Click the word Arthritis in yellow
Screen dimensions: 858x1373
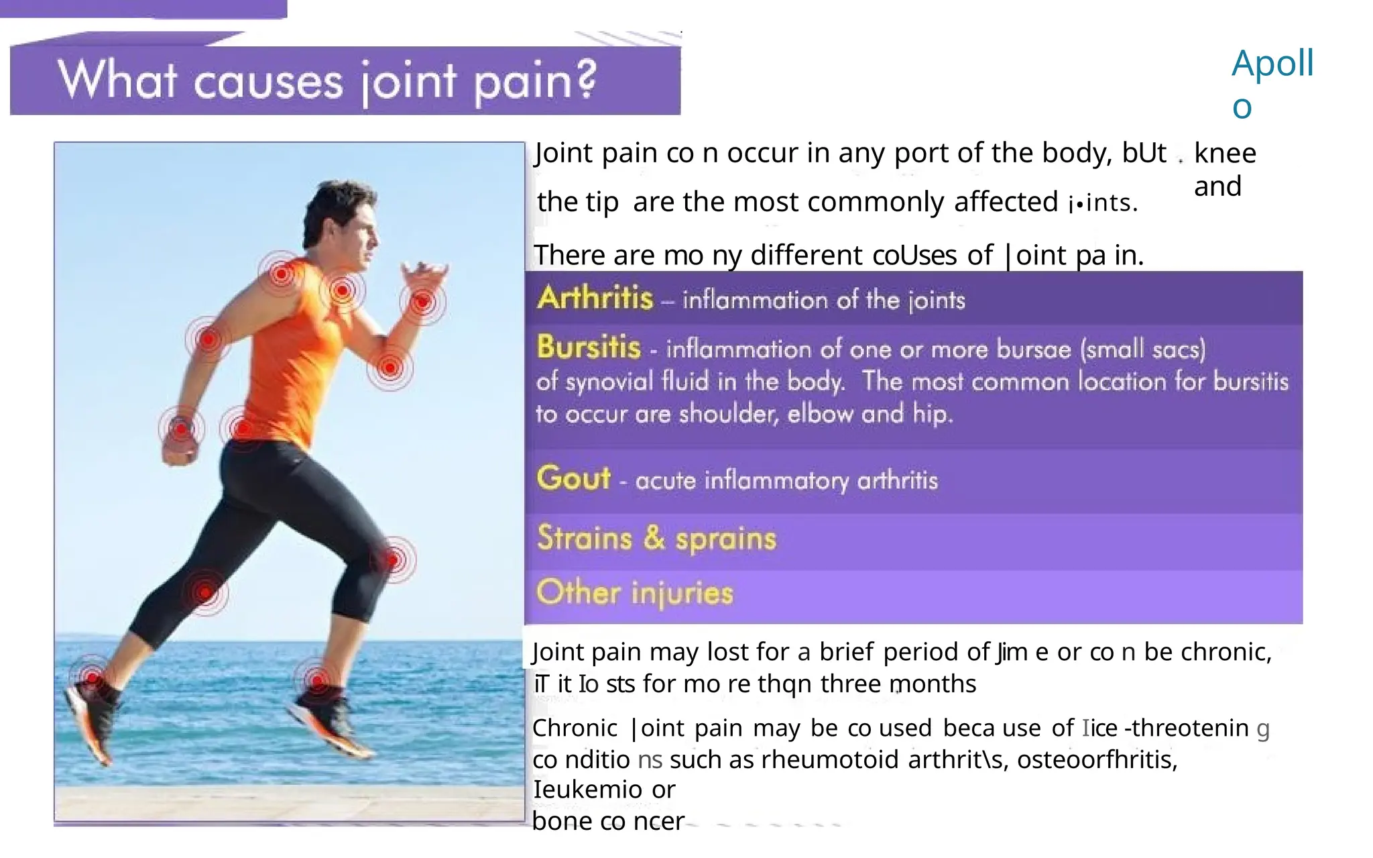coord(595,297)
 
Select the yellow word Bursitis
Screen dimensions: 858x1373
coord(589,347)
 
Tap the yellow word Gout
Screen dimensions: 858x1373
coord(573,478)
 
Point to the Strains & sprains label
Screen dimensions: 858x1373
coord(656,539)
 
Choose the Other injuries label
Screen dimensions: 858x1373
coord(634,593)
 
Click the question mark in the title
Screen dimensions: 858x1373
coord(585,79)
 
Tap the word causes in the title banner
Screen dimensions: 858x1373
coord(269,82)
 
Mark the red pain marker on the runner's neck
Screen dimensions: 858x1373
coord(343,290)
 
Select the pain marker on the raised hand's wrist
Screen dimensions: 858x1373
coord(422,303)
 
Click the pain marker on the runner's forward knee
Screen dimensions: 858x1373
coord(394,559)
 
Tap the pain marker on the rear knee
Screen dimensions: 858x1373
coord(205,592)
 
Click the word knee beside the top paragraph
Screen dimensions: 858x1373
coord(1225,154)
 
